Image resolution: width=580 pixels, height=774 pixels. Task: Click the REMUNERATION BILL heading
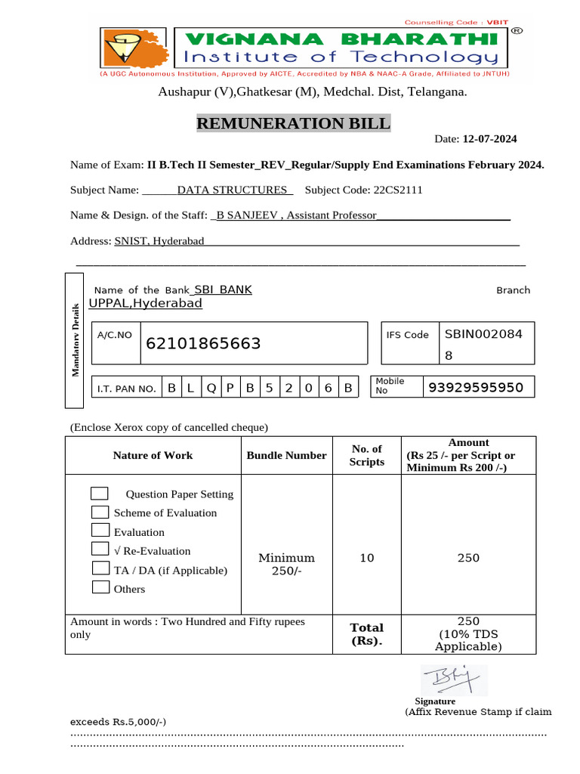click(294, 123)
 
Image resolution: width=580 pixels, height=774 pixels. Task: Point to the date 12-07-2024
click(490, 139)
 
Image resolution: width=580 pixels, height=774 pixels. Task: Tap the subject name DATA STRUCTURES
click(232, 190)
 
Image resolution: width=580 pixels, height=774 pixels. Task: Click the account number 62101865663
click(203, 344)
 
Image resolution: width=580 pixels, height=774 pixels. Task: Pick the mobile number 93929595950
click(476, 388)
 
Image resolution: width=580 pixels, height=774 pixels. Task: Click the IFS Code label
click(407, 335)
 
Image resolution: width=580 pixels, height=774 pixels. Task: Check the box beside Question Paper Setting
click(99, 494)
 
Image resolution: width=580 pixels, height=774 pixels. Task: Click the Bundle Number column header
click(286, 455)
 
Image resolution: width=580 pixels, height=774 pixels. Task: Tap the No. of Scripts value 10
click(366, 558)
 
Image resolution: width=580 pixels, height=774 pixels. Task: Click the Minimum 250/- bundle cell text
click(286, 564)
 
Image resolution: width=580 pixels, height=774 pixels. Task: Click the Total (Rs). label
click(366, 634)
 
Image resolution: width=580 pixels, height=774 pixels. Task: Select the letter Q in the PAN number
click(211, 389)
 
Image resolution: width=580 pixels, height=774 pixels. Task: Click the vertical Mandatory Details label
click(76, 339)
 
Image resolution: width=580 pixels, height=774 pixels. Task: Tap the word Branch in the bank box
click(513, 290)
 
